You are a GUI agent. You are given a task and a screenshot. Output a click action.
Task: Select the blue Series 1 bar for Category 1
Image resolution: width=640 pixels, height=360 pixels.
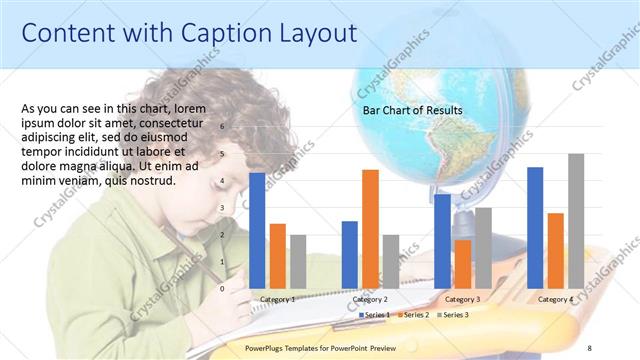257,230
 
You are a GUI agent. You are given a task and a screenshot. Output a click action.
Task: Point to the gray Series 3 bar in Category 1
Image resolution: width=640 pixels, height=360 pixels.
297,261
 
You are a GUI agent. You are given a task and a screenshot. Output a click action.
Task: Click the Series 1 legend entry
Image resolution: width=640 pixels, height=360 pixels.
375,315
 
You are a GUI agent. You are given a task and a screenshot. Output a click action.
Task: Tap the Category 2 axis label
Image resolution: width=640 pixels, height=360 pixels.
371,299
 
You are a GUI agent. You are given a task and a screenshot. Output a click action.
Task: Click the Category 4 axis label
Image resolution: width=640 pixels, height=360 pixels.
556,299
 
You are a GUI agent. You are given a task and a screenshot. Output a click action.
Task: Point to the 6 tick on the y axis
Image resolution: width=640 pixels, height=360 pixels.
223,127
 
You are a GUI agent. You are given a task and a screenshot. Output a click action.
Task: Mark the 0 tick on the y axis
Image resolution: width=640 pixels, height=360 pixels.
223,288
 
